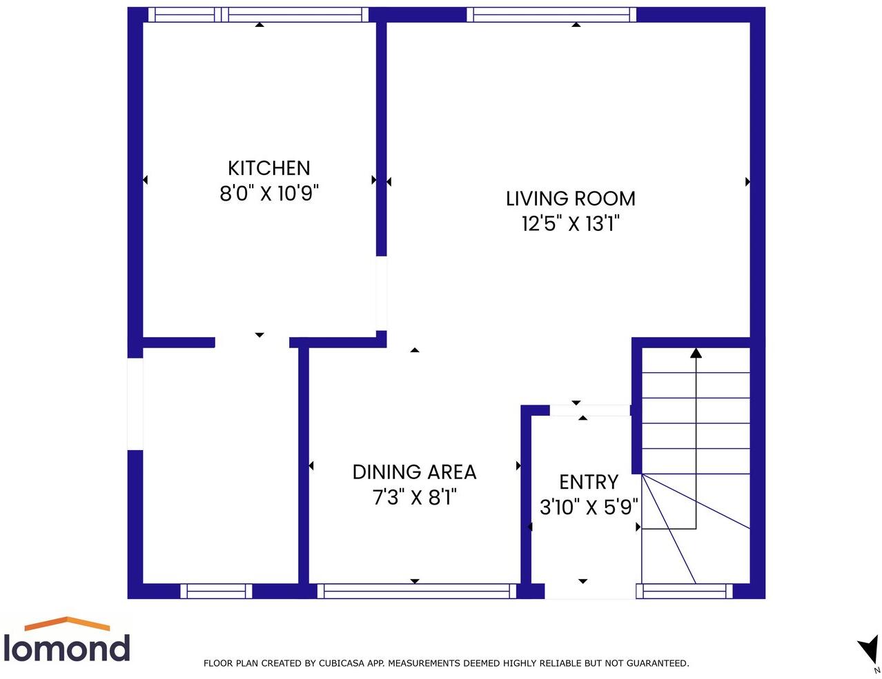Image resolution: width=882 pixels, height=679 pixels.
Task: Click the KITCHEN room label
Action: (268, 168)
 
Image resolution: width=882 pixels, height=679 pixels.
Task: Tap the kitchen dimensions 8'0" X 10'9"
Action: (268, 193)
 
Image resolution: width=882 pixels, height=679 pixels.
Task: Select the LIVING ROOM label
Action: (570, 199)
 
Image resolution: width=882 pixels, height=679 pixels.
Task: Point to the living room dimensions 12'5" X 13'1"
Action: (570, 223)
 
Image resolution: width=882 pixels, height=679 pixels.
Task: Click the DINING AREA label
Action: (414, 472)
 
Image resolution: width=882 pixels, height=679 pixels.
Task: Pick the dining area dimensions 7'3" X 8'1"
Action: (414, 497)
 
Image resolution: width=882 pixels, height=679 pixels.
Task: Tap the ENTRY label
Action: (588, 482)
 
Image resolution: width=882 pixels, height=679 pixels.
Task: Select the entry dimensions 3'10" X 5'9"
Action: (588, 507)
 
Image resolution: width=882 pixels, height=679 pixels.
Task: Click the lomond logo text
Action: (66, 649)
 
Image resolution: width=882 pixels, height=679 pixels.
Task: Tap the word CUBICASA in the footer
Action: (342, 663)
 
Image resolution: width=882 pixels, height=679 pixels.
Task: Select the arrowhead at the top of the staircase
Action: (696, 354)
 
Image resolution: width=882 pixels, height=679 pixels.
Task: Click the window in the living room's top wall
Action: (551, 14)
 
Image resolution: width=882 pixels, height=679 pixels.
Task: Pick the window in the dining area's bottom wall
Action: (417, 591)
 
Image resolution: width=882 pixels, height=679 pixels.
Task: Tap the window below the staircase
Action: (684, 591)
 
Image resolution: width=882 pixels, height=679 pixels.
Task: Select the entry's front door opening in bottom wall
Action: (589, 591)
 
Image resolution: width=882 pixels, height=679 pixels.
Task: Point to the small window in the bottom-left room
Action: (216, 591)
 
